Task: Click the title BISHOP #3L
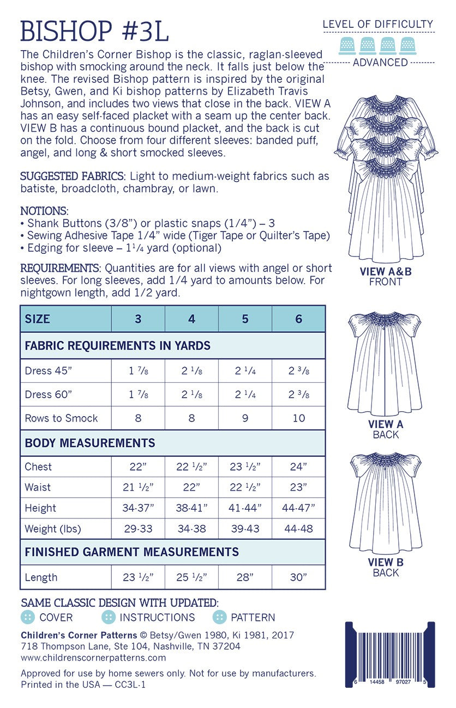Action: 94,31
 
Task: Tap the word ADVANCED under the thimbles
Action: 380,63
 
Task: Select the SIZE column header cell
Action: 38,319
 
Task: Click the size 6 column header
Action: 298,319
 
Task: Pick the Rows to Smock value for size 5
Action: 245,418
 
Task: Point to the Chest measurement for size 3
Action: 138,467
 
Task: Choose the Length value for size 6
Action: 298,577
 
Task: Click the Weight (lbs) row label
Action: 50,529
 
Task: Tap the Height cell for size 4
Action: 191,508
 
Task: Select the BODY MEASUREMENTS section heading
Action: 90,443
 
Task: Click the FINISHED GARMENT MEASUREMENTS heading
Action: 131,552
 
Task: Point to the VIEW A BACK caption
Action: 386,429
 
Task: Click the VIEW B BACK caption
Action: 386,567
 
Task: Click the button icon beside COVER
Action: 27,617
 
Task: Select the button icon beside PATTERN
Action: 219,617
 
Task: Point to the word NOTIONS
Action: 44,210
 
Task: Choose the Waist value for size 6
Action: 298,487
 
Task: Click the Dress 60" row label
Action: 46,394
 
